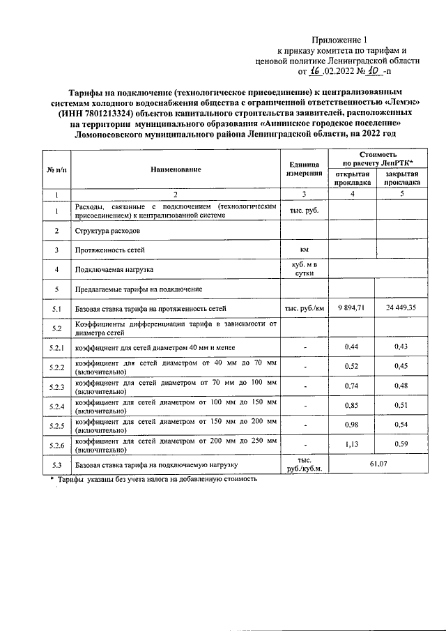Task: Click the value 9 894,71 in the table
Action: [x=351, y=307]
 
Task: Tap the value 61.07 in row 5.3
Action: [x=376, y=464]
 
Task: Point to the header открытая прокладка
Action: [x=352, y=178]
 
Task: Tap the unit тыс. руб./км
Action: [x=303, y=307]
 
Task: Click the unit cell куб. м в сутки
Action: [x=303, y=268]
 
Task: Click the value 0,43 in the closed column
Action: [x=400, y=347]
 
